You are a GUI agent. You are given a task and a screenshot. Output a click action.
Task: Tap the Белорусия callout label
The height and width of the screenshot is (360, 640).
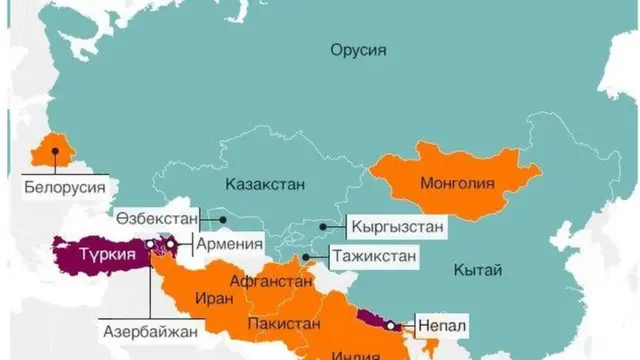(67, 186)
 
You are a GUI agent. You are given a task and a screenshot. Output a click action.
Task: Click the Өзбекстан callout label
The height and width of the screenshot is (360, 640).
(157, 218)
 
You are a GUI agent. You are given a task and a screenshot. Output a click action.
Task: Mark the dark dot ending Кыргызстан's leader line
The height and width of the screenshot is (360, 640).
(322, 227)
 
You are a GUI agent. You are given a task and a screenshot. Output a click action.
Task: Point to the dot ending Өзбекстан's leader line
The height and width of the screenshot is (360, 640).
(225, 218)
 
